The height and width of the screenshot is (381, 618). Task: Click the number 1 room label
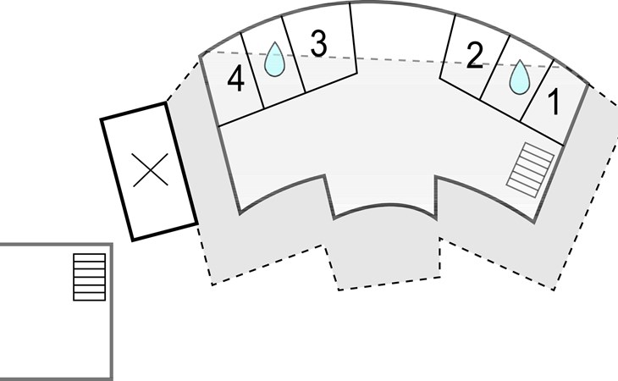555,102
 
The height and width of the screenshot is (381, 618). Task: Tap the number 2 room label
474,56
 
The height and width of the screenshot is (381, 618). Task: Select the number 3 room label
318,43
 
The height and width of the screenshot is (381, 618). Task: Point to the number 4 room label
235,79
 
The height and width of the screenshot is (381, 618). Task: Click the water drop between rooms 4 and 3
274,59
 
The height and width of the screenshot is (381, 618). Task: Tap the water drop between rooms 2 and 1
519,77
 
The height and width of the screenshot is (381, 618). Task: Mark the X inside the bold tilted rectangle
151,170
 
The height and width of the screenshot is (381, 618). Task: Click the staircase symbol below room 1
530,170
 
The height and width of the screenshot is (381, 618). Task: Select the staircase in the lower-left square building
90,277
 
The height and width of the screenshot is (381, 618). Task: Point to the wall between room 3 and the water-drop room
294,55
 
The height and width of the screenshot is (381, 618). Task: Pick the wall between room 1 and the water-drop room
538,91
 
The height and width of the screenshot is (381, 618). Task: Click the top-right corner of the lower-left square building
112,244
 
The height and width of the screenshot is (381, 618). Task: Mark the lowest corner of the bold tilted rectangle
133,240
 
